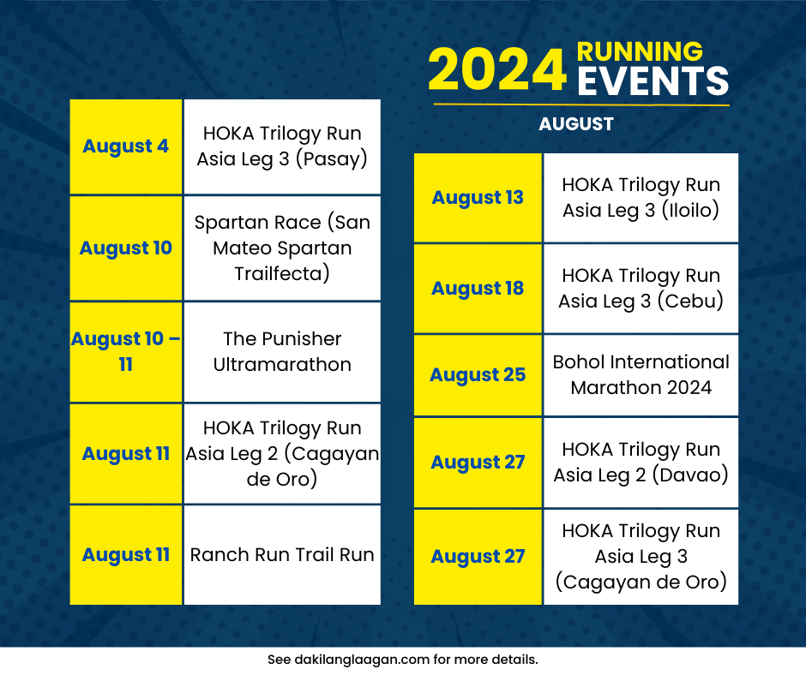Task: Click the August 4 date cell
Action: [x=125, y=146]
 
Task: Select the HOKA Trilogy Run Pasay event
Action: [x=282, y=146]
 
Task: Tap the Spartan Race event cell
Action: [x=282, y=248]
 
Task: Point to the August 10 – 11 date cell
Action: [x=125, y=351]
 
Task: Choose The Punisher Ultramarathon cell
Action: [x=282, y=351]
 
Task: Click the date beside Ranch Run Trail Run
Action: [x=125, y=555]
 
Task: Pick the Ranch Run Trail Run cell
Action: [x=282, y=555]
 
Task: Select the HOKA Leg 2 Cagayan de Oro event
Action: [x=282, y=453]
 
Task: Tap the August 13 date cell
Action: [x=478, y=198]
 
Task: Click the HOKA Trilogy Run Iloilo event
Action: [x=641, y=198]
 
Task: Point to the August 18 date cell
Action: [x=478, y=289]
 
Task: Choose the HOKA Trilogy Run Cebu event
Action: [x=641, y=289]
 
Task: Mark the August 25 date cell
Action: [x=478, y=375]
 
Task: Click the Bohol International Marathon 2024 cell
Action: [x=641, y=375]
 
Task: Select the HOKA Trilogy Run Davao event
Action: [x=641, y=463]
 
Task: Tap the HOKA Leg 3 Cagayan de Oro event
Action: [x=641, y=557]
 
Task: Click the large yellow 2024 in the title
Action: [x=497, y=70]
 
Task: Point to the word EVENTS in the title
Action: [x=653, y=82]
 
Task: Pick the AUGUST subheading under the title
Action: [x=576, y=124]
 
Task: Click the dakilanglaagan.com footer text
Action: [x=402, y=660]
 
